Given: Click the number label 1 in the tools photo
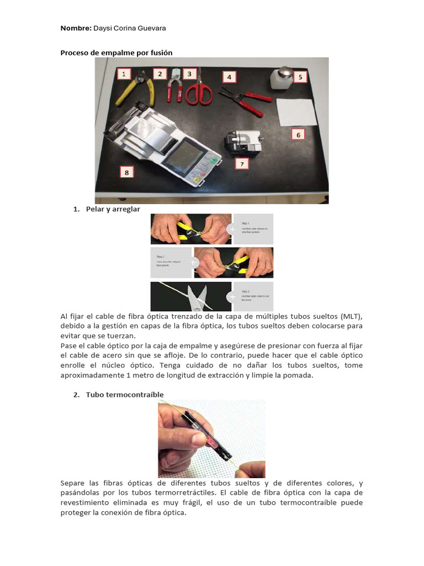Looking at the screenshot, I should coord(124,74).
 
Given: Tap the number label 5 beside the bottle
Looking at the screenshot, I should coord(300,77).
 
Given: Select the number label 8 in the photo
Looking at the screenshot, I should coord(126,172).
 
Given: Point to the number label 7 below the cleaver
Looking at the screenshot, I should coord(241,164).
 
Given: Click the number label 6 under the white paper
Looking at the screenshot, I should coord(298,134).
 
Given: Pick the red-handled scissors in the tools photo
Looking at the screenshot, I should coord(198,90).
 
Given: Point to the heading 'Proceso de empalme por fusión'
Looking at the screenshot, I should coord(116,53).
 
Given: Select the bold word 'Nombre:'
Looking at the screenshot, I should coord(76,28).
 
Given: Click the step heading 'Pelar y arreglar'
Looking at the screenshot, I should coord(113,209).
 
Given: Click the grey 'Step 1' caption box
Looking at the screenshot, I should coord(253,229).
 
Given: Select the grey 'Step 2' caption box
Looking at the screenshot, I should coord(171,263).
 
